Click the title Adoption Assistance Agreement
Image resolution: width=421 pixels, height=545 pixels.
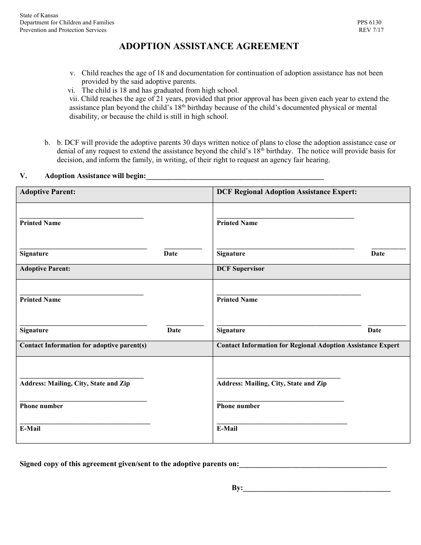tap(209, 46)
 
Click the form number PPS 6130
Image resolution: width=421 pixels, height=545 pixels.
tap(369, 22)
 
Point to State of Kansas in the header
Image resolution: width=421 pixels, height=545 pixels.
tap(39, 15)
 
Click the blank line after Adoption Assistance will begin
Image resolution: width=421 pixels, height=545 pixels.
tap(235, 177)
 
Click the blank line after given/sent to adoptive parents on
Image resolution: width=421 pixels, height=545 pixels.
tap(313, 465)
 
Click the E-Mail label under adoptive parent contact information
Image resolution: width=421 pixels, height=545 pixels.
tap(30, 428)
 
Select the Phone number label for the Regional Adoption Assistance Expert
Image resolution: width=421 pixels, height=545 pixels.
tap(238, 406)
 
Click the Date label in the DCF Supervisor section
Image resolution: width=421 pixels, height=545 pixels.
tap(374, 330)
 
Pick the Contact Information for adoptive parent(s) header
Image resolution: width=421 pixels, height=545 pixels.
tap(83, 345)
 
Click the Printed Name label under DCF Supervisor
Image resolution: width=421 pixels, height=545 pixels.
tap(237, 300)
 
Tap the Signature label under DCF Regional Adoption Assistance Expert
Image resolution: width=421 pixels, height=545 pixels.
tap(230, 253)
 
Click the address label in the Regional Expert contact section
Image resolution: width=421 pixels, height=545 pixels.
tap(271, 383)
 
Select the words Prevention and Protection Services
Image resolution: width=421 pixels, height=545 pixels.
tap(63, 30)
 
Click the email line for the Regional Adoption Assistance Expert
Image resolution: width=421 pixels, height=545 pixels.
tap(281, 423)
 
